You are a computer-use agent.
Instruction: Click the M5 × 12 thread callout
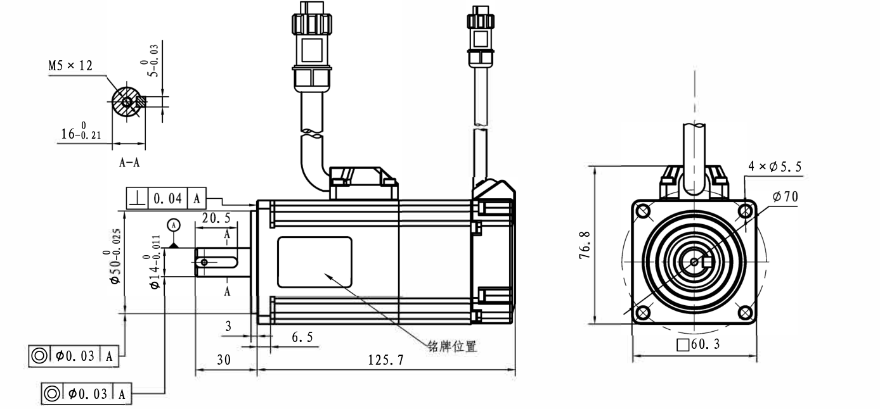coord(70,66)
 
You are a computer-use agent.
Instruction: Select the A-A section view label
coord(129,162)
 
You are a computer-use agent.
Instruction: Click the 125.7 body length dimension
coord(385,360)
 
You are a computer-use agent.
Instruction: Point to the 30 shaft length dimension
coord(223,360)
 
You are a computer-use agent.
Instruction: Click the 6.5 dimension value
coord(302,337)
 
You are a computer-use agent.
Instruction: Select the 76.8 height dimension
coord(586,244)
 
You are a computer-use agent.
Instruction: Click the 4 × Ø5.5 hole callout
coord(775,167)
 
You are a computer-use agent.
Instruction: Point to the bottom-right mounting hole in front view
coord(745,312)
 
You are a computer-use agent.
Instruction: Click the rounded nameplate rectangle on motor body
coord(314,261)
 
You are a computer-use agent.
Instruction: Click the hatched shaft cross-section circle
coord(126,101)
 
